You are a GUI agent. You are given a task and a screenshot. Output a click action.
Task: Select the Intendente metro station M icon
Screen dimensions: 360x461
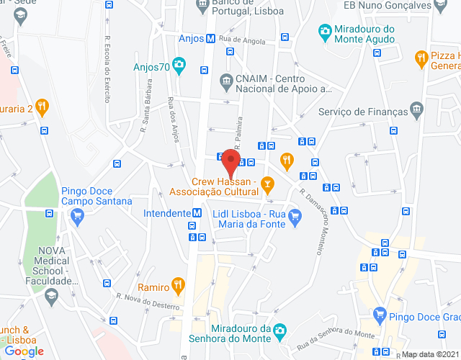pyautogui.click(x=196, y=213)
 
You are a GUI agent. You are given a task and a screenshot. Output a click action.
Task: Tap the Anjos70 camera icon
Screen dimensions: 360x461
pyautogui.click(x=179, y=68)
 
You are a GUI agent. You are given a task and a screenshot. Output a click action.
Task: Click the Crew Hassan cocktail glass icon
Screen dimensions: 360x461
pyautogui.click(x=267, y=186)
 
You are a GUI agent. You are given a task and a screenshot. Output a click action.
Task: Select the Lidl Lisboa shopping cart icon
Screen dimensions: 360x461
pyautogui.click(x=294, y=215)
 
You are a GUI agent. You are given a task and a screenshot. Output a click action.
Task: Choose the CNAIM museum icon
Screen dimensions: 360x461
pyautogui.click(x=226, y=78)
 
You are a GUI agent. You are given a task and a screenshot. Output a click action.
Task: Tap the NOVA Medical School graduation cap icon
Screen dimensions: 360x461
pyautogui.click(x=51, y=295)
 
